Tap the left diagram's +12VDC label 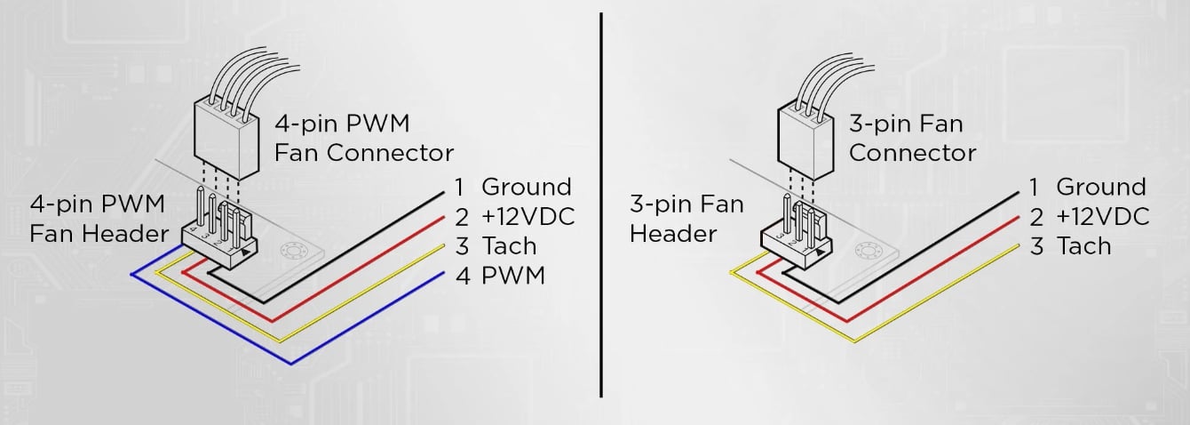(x=528, y=216)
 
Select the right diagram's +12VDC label (x=1102, y=216)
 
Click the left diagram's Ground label (x=526, y=187)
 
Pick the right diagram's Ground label (x=1100, y=187)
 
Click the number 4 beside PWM (x=461, y=275)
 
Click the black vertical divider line (x=601, y=204)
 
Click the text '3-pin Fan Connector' (x=912, y=138)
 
